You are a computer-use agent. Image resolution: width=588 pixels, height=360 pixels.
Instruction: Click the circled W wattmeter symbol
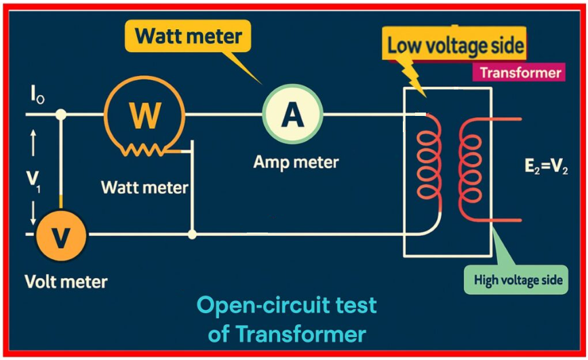[144, 116]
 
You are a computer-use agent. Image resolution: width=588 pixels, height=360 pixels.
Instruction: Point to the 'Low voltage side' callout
[455, 46]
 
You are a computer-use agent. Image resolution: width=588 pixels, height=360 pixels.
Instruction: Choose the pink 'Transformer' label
[520, 73]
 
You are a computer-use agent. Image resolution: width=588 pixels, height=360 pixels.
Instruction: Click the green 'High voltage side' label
[518, 279]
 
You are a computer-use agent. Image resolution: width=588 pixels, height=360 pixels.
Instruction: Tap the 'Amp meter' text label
[296, 163]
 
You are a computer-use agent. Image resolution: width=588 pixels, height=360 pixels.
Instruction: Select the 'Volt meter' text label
[66, 281]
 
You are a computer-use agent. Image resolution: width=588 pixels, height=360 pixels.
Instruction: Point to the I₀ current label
[37, 96]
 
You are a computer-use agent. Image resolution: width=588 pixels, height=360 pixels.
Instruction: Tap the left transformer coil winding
[429, 163]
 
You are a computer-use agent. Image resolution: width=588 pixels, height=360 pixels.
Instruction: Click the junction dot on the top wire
[61, 115]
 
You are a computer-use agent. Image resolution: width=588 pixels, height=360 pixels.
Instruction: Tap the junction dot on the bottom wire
[193, 235]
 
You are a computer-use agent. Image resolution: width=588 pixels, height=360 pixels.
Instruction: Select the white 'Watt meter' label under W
[144, 186]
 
